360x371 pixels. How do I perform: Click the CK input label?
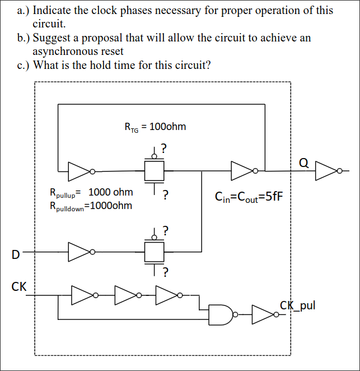pyautogui.click(x=18, y=286)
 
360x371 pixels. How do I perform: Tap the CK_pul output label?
pyautogui.click(x=297, y=305)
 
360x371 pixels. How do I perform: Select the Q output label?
pyautogui.click(x=304, y=163)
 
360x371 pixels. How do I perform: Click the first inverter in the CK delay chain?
pyautogui.click(x=82, y=294)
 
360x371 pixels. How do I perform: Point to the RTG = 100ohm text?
pyautogui.click(x=155, y=127)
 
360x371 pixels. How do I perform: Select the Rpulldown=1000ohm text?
pyautogui.click(x=91, y=206)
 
